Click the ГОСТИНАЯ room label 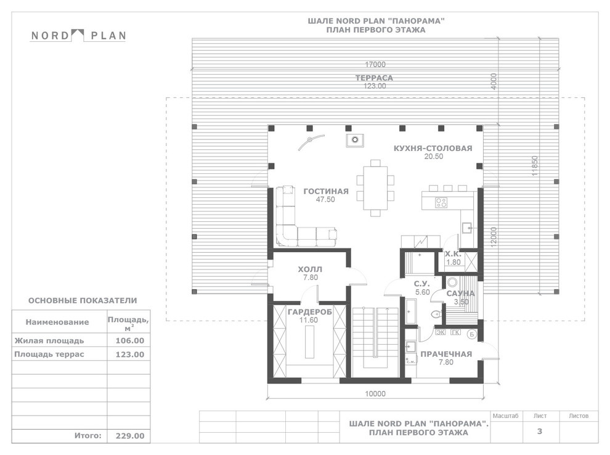326,192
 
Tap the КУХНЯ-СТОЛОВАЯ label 433,149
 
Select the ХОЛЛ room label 310,269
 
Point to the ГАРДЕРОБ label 310,312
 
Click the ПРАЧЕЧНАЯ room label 446,354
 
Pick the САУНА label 461,293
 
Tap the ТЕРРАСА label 374,78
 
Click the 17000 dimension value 375,65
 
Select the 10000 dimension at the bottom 375,394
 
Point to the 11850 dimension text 535,166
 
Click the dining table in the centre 375,188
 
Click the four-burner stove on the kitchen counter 441,202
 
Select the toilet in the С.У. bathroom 436,314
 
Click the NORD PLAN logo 78,35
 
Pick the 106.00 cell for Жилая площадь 130,341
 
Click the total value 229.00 130,436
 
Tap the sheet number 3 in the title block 540,431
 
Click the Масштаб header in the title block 505,416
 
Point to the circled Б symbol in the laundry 471,334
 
